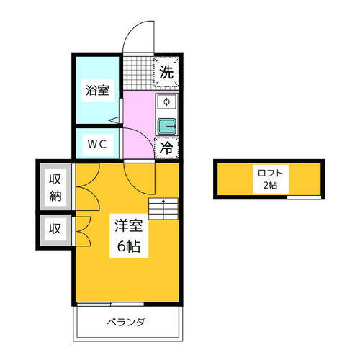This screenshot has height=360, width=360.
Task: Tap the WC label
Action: coord(97,143)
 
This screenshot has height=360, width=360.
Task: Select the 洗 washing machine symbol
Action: coord(166,72)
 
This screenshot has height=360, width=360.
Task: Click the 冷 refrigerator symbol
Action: coord(166,148)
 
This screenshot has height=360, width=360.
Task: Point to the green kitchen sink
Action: coord(167,126)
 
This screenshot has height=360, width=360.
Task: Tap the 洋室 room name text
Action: coord(130,225)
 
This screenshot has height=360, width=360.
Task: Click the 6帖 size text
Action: coord(130,246)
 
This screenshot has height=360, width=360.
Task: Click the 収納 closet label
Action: coord(55,186)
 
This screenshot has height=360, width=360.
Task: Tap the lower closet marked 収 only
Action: coord(55,230)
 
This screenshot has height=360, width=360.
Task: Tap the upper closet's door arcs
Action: coord(81,189)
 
